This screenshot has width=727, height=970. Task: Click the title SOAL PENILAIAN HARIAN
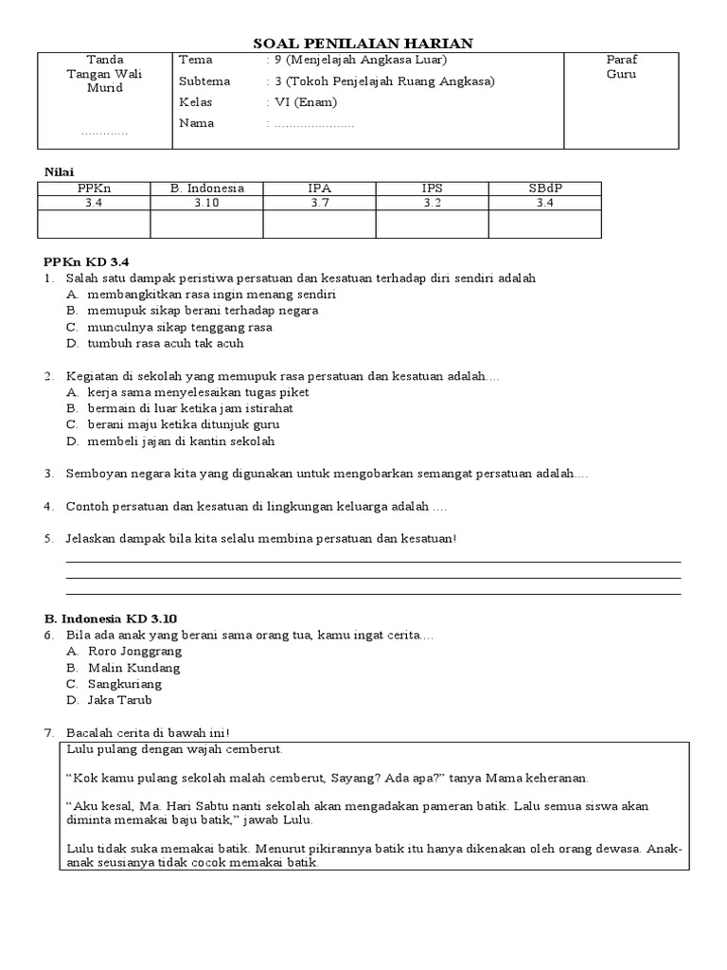pyautogui.click(x=363, y=43)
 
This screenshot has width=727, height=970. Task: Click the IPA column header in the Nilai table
pyautogui.click(x=319, y=188)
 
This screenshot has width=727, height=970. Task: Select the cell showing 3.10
pyautogui.click(x=206, y=202)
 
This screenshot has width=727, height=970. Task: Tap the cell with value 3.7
pyautogui.click(x=319, y=202)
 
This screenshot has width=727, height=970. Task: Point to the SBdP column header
pyautogui.click(x=544, y=188)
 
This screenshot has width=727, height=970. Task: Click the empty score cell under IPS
pyautogui.click(x=432, y=224)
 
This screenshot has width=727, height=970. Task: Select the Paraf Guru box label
pyautogui.click(x=621, y=66)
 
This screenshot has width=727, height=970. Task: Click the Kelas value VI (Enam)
pyautogui.click(x=303, y=102)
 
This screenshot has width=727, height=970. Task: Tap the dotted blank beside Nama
pyautogui.click(x=312, y=123)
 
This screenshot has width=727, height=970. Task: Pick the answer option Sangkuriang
pyautogui.click(x=125, y=684)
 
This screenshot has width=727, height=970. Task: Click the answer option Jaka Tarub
pyautogui.click(x=119, y=700)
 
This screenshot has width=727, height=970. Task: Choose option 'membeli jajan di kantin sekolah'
pyautogui.click(x=181, y=441)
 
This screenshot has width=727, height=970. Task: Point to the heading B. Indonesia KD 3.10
pyautogui.click(x=110, y=619)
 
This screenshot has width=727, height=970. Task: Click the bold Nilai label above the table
pyautogui.click(x=60, y=171)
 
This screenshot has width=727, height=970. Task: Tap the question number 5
pyautogui.click(x=47, y=539)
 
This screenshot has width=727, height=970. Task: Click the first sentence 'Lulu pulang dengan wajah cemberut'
pyautogui.click(x=174, y=749)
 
